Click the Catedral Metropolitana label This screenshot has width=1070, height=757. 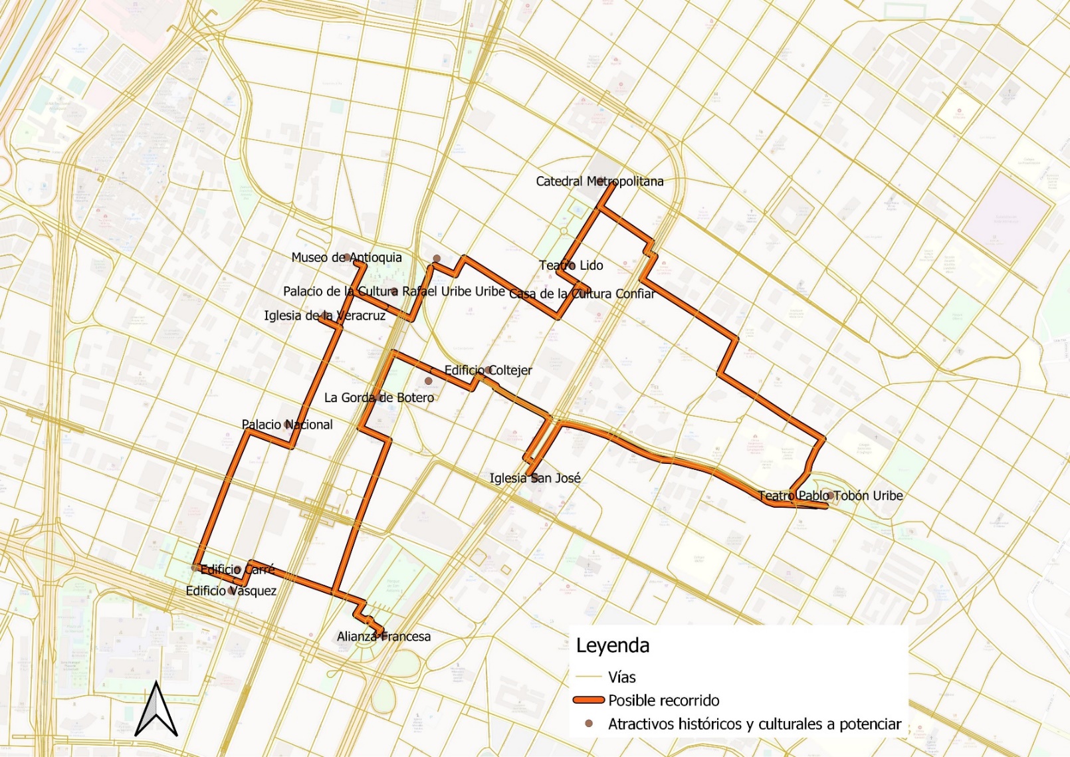tap(599, 181)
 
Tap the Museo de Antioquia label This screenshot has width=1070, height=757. tap(346, 258)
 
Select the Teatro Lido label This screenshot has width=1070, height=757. tap(571, 265)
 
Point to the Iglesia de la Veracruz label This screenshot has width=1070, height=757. tap(324, 316)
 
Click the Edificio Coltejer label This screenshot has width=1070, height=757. tap(488, 370)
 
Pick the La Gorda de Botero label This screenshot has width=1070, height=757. tap(379, 397)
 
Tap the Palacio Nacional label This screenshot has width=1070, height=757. tap(287, 425)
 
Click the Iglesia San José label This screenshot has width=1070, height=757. tap(535, 478)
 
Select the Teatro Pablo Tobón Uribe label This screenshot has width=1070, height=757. tap(830, 496)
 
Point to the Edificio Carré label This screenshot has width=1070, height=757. tap(237, 570)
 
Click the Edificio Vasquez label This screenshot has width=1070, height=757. tap(231, 591)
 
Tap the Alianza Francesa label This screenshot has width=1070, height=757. tap(383, 637)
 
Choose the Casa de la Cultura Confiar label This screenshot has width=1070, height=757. tap(582, 294)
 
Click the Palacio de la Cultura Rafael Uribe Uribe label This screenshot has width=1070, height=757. tap(394, 291)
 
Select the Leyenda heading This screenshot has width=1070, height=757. tap(612, 646)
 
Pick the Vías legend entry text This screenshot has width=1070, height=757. tap(622, 677)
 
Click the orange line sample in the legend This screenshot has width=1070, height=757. tap(588, 701)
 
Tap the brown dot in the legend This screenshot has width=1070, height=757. tap(588, 724)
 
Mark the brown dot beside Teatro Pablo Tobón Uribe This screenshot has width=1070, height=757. tap(831, 495)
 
